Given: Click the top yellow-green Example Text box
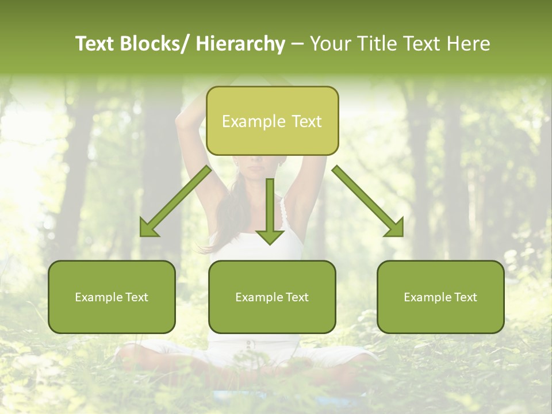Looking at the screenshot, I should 272,121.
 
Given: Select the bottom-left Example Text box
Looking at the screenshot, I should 112,297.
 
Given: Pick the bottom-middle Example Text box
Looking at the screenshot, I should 272,297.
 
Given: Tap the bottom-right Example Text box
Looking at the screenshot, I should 440,297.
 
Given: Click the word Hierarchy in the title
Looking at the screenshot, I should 240,44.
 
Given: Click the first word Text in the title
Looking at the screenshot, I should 95,44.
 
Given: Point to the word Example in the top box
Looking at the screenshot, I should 254,121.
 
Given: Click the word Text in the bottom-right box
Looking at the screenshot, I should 465,297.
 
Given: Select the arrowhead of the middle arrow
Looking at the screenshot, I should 270,236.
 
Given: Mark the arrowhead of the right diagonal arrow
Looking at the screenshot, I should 395,228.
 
